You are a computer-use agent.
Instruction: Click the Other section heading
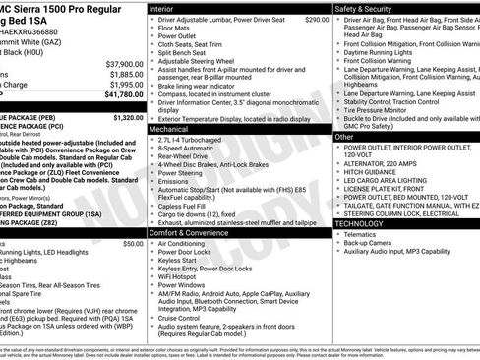pos(344,137)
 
